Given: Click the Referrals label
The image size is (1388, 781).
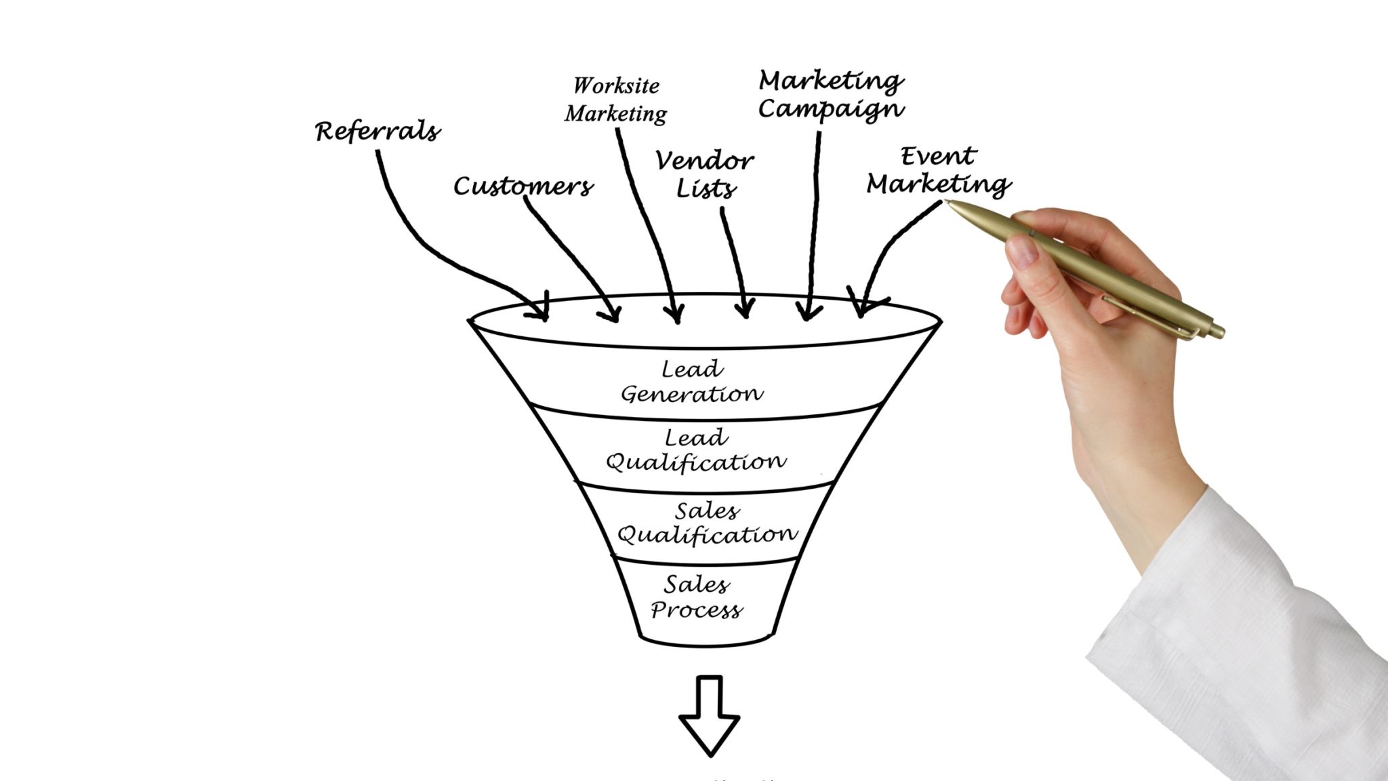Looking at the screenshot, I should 377,131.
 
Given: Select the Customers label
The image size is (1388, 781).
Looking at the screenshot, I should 523,186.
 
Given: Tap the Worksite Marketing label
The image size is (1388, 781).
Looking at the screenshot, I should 615,100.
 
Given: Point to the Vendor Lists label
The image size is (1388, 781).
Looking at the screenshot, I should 704,174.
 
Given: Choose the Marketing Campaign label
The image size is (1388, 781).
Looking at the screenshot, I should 831,95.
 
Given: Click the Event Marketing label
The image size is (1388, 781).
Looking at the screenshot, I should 939,171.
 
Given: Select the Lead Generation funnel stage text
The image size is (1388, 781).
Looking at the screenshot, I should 692,382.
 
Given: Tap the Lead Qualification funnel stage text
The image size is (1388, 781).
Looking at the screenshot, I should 696,450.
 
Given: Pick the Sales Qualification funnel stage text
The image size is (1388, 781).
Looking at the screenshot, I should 707,523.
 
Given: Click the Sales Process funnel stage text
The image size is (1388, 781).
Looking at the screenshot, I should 697,597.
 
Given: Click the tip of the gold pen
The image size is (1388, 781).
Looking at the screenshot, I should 948,203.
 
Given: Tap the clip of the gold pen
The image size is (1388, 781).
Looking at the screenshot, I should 1145,315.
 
